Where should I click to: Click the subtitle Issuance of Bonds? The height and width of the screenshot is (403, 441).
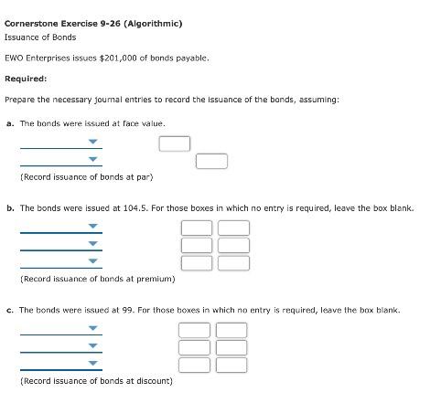(40, 37)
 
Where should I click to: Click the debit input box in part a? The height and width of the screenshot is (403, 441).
(175, 143)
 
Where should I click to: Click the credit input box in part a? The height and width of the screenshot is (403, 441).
(211, 161)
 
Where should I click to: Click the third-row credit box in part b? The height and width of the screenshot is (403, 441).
(233, 263)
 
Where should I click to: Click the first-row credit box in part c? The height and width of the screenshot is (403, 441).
(231, 330)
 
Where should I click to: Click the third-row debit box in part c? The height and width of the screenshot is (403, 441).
(195, 365)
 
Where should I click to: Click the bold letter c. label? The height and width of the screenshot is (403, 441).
(9, 311)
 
